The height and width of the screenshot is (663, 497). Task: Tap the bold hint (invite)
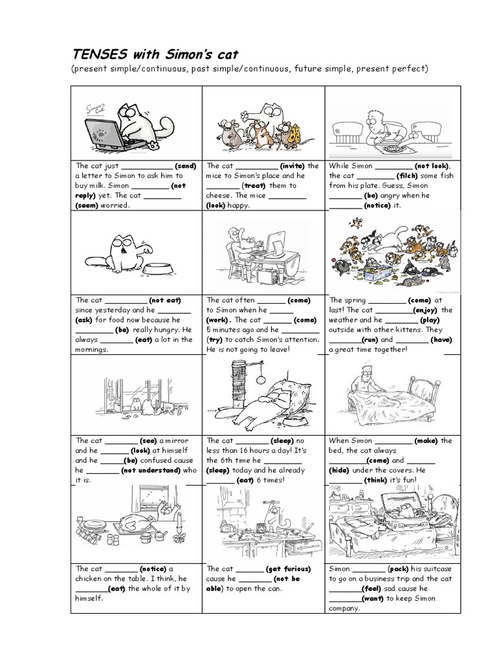[292, 165]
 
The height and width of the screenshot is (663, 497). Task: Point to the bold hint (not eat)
[164, 300]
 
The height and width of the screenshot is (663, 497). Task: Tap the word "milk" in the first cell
[94, 185]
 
